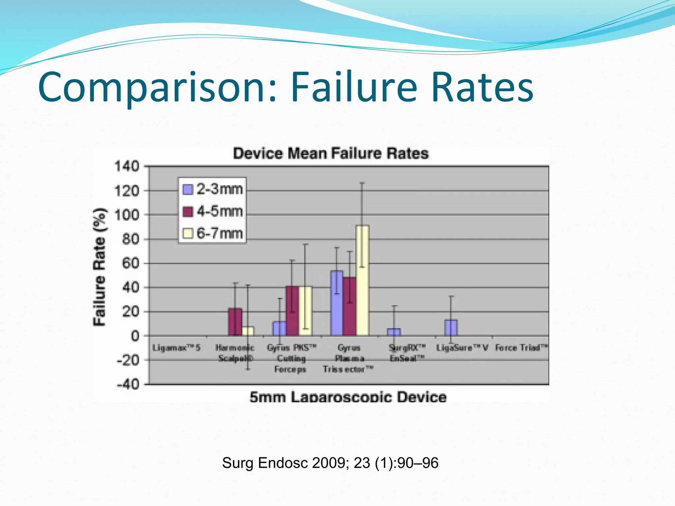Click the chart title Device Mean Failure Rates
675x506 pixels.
[x=331, y=154]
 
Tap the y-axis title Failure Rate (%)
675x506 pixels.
[x=100, y=267]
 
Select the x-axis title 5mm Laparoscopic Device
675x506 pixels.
[x=348, y=397]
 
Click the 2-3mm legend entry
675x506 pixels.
[x=213, y=189]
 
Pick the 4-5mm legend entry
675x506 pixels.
[x=213, y=211]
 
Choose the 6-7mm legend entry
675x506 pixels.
[x=213, y=234]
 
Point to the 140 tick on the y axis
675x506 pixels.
[x=127, y=166]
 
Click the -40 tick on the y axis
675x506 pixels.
[x=128, y=384]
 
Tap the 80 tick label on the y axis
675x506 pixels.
[x=131, y=239]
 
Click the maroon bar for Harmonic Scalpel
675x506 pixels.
[x=235, y=322]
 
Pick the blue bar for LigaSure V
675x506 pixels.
[x=451, y=327]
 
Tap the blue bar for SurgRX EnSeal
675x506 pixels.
[x=394, y=332]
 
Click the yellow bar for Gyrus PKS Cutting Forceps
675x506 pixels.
[x=306, y=311]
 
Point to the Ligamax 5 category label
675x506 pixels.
[x=176, y=348]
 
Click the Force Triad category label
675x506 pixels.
[x=521, y=348]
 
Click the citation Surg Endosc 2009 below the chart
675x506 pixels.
[x=330, y=463]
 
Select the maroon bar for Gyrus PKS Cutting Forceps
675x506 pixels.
[x=292, y=311]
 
